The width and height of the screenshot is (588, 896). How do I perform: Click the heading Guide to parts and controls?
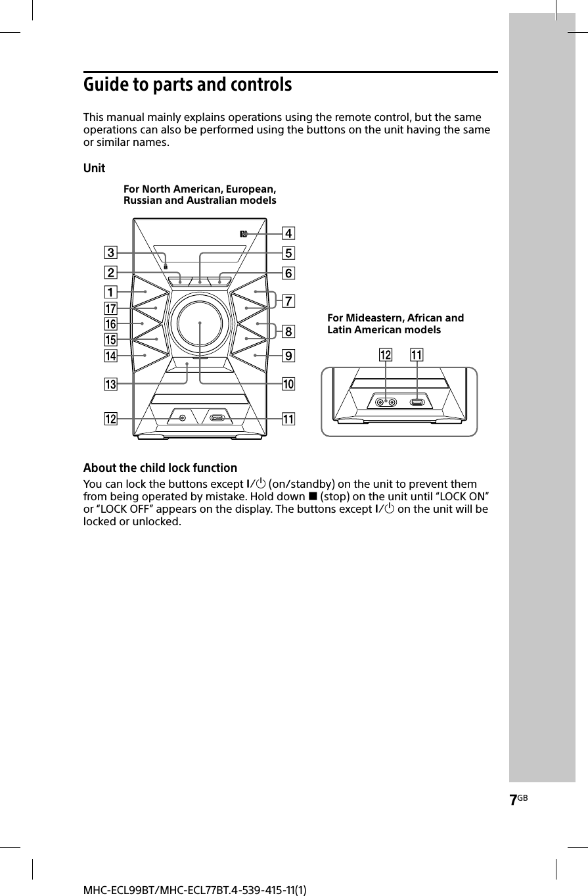pyautogui.click(x=187, y=85)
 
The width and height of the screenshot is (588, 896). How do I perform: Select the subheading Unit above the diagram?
pyautogui.click(x=94, y=169)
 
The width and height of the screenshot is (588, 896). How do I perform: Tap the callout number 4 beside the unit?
pyautogui.click(x=288, y=233)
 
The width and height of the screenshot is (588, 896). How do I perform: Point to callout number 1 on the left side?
pyautogui.click(x=111, y=291)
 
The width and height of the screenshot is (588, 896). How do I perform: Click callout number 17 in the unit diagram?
pyautogui.click(x=110, y=308)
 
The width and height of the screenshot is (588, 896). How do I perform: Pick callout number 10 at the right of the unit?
pyautogui.click(x=288, y=383)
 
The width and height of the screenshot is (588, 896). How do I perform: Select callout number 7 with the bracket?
pyautogui.click(x=288, y=302)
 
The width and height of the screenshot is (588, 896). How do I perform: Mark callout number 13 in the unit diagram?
pyautogui.click(x=110, y=384)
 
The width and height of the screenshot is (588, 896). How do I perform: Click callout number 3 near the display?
pyautogui.click(x=111, y=252)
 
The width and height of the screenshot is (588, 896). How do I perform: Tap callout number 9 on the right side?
pyautogui.click(x=288, y=356)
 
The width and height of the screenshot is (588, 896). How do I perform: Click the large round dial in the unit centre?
pyautogui.click(x=199, y=323)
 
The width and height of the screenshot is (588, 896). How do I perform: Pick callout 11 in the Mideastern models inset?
pyautogui.click(x=417, y=356)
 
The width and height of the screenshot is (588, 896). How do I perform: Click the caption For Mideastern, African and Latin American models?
pyautogui.click(x=396, y=323)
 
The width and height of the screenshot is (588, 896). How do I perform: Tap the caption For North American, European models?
pyautogui.click(x=200, y=195)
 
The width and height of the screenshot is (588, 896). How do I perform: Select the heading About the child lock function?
pyautogui.click(x=160, y=468)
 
